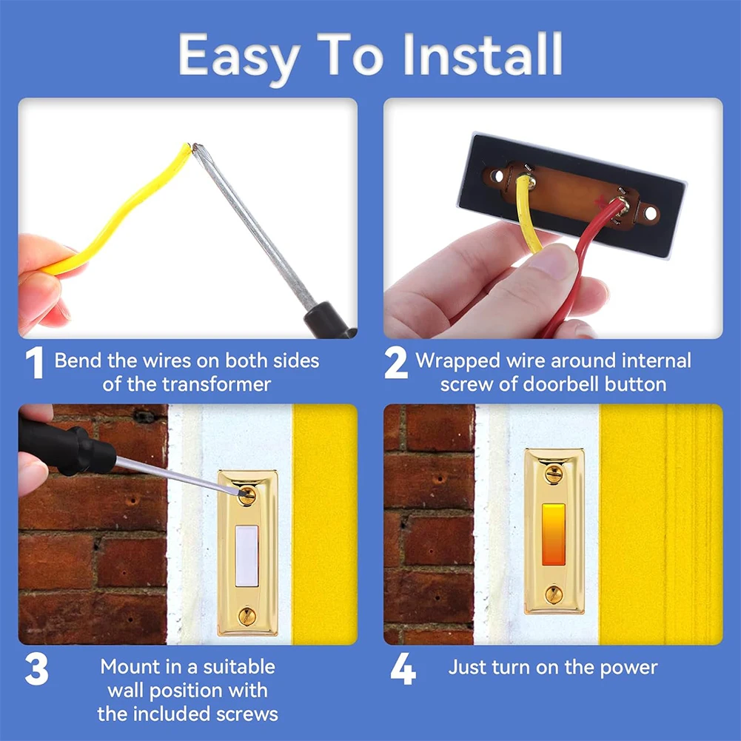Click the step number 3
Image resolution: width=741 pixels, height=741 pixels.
click(36, 668)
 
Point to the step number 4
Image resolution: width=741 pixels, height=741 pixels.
click(403, 668)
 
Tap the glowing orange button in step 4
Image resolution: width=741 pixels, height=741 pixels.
click(553, 534)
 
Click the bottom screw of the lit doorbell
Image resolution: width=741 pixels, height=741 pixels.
click(554, 594)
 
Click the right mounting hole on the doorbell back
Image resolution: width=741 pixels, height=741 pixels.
click(650, 213)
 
